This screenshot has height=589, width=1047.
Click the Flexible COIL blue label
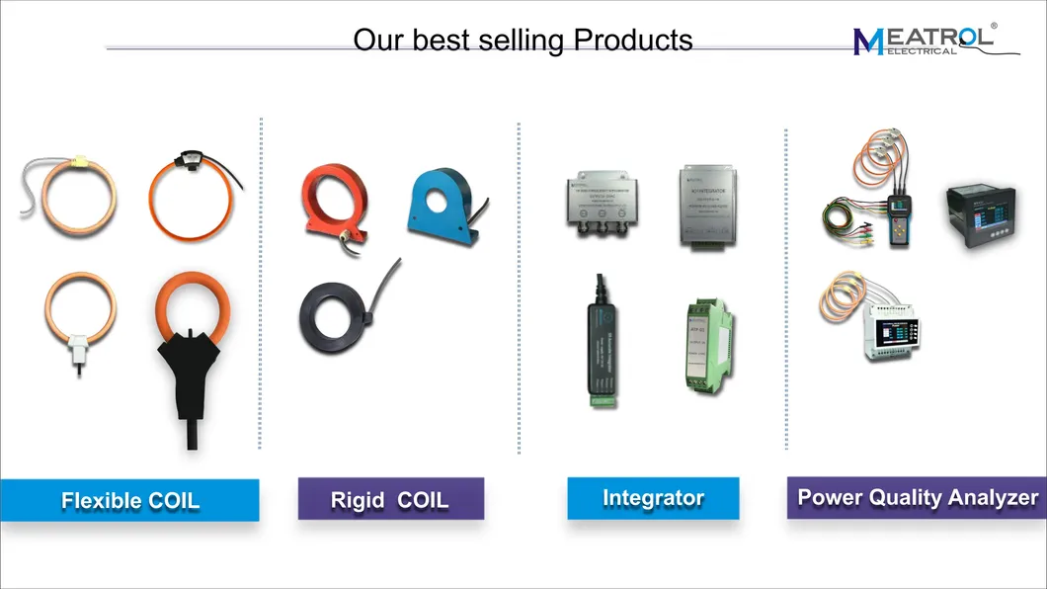click(129, 500)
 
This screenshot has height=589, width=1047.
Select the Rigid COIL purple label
click(390, 499)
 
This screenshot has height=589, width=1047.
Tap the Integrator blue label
click(652, 498)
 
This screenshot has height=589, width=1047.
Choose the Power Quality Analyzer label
click(917, 497)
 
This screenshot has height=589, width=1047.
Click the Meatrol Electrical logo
click(923, 40)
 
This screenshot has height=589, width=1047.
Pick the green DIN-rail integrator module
click(705, 342)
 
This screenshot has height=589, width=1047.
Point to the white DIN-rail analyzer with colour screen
click(895, 327)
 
